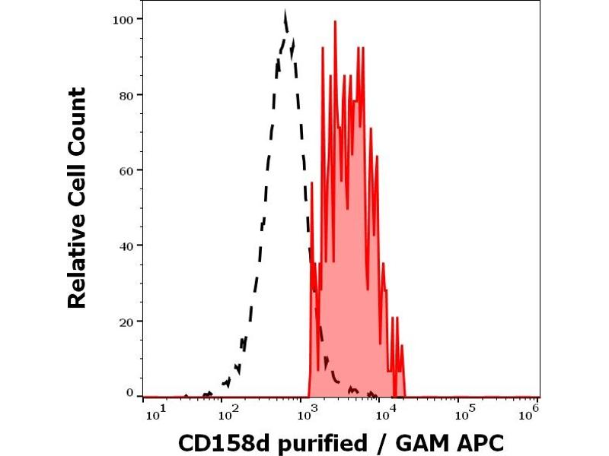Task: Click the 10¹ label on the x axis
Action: point(152,413)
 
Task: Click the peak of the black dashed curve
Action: point(285,13)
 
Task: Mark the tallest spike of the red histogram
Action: point(335,21)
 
